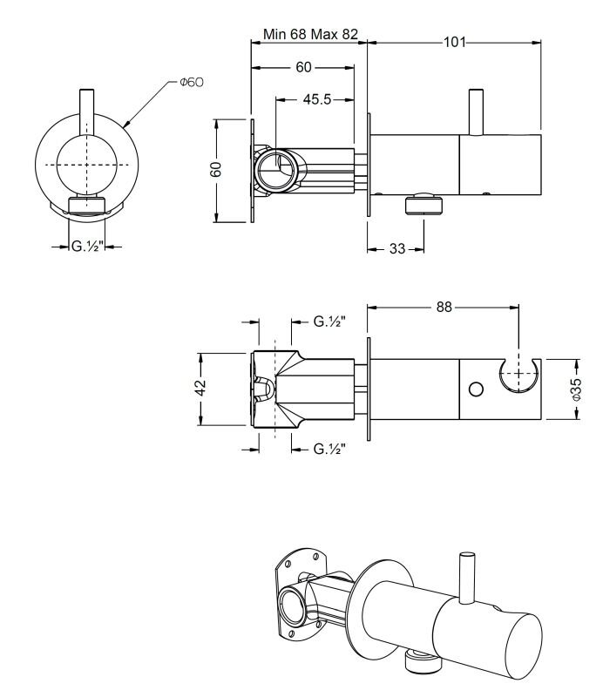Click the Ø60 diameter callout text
click(192, 82)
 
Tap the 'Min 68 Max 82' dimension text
click(310, 34)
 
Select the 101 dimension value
click(455, 42)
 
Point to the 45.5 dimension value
click(317, 99)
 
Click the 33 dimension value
click(397, 249)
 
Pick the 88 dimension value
click(444, 308)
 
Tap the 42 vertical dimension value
click(201, 388)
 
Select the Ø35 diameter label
click(575, 389)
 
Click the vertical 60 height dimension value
click(216, 170)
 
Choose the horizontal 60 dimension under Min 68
click(304, 67)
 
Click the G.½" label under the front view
click(87, 246)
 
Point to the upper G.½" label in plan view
click(329, 321)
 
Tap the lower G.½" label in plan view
click(329, 449)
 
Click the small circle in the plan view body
click(476, 389)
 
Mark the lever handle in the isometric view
click(467, 578)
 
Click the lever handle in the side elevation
click(477, 112)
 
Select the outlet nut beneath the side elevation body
click(423, 204)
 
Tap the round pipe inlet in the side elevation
click(275, 170)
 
